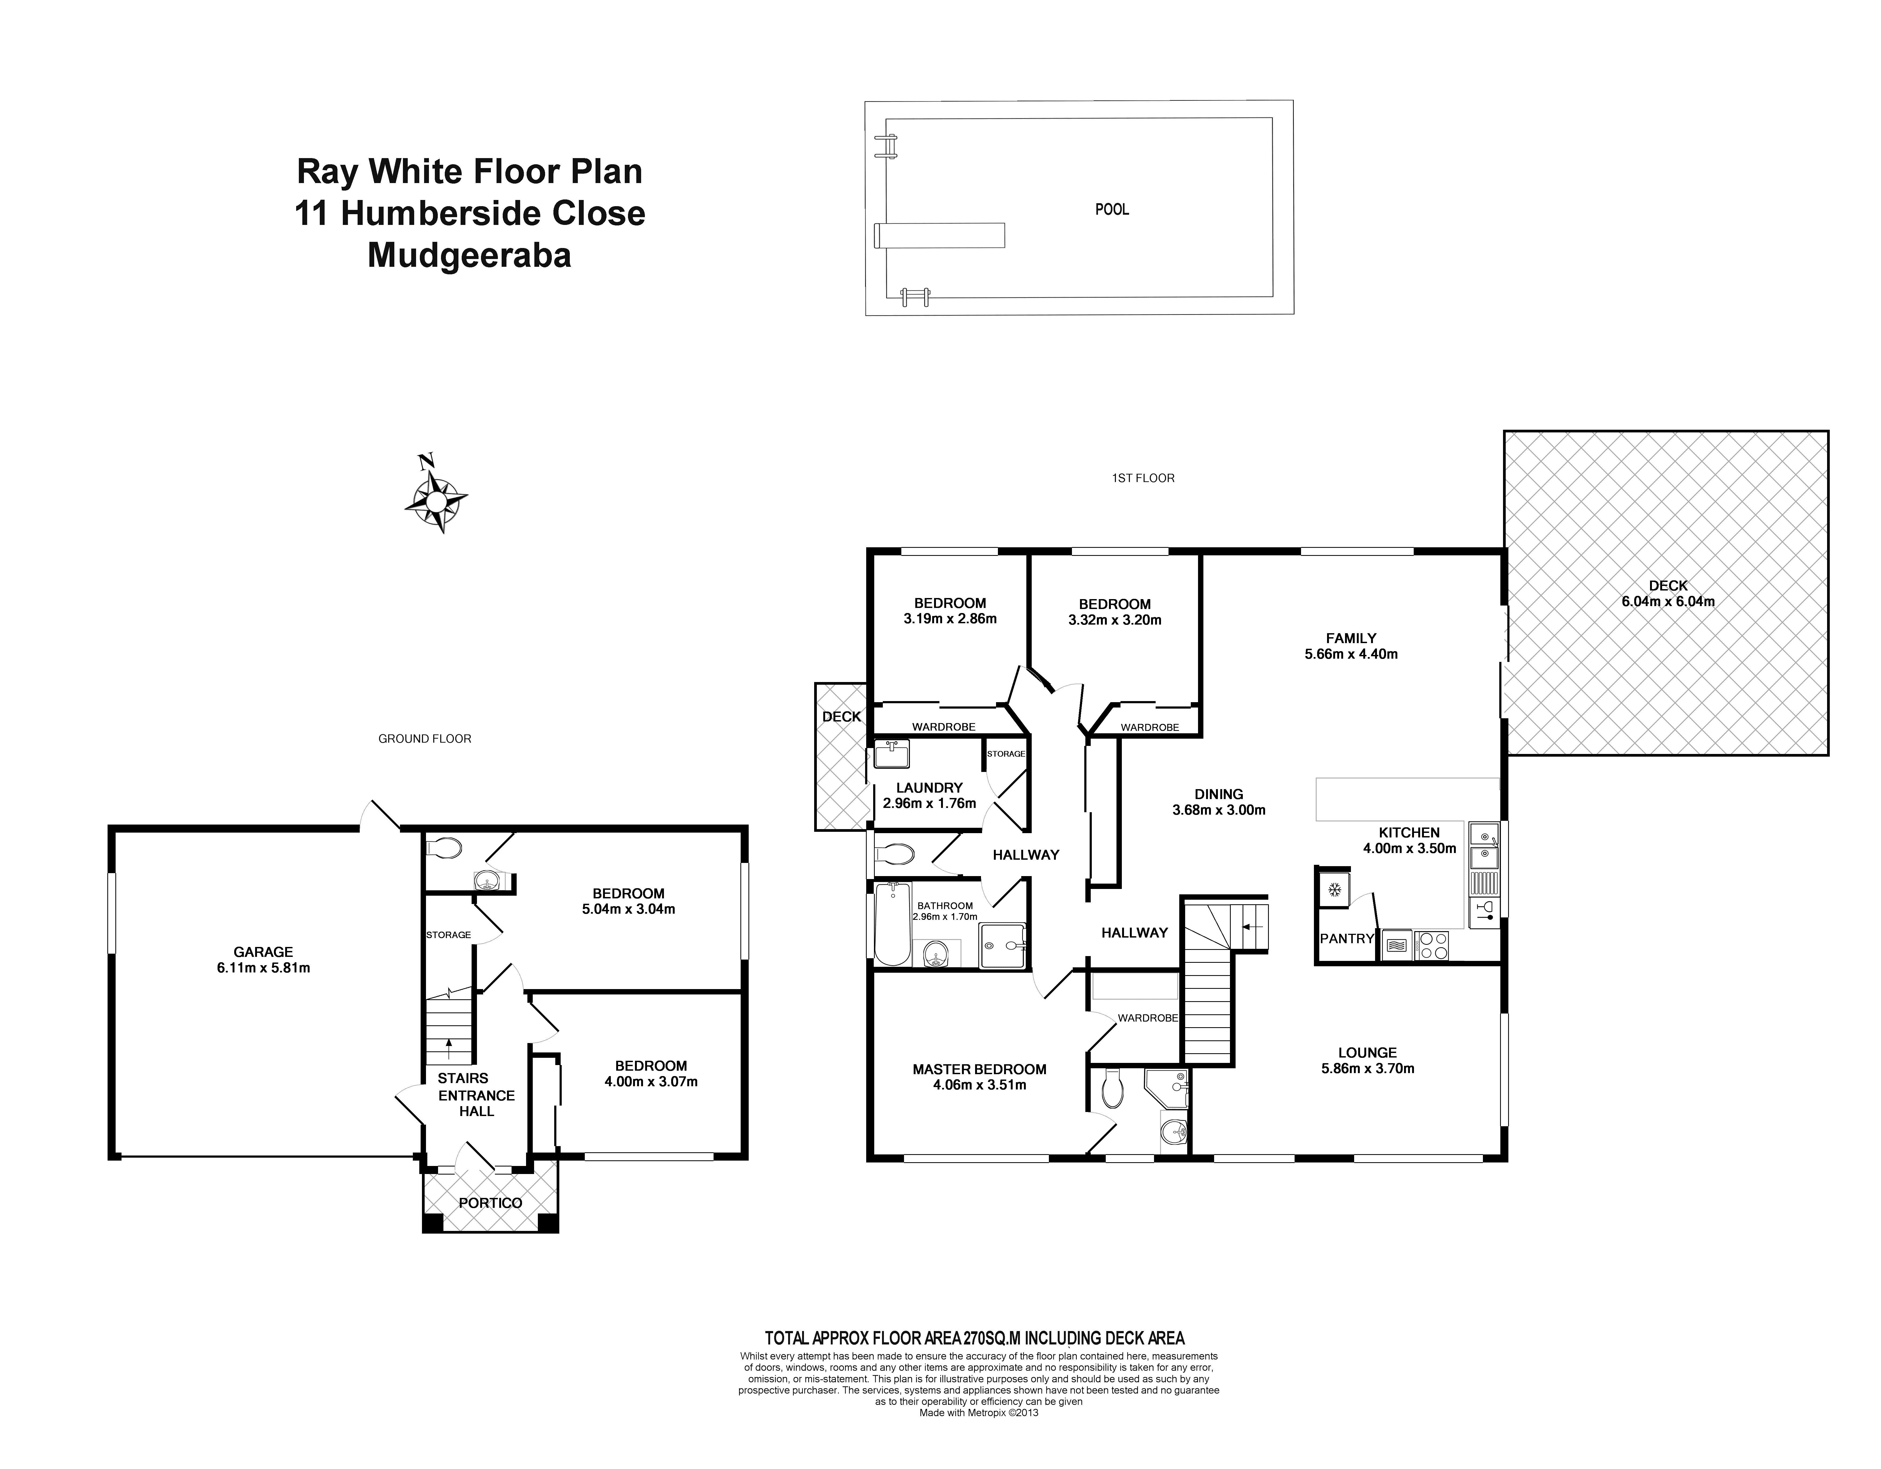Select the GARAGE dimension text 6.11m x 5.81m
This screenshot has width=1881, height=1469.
[263, 968]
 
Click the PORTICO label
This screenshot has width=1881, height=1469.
[490, 1203]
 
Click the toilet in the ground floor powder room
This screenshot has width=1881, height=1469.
[445, 849]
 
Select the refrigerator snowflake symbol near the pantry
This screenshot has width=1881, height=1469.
[1332, 889]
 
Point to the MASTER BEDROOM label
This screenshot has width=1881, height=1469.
[979, 1069]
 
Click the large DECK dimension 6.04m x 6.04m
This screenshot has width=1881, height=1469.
[1668, 602]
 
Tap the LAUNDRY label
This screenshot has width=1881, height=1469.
[929, 788]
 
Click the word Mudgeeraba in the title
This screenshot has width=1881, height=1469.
[469, 256]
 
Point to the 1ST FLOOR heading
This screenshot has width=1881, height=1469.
[1143, 478]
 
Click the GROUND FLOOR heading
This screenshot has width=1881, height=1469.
[425, 738]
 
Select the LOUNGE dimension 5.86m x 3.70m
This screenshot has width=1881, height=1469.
[1368, 1068]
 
